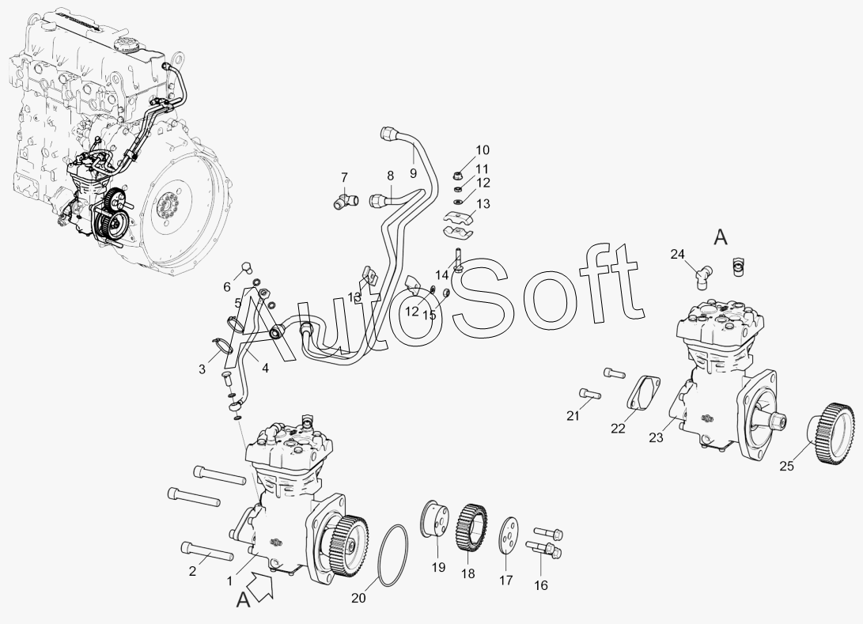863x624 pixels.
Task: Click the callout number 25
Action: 786,466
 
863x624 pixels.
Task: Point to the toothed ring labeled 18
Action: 471,527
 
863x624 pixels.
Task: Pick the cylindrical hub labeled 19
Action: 433,518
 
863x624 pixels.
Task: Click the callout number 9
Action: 413,173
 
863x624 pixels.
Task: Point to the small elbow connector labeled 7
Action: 345,200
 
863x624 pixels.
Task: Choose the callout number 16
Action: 541,585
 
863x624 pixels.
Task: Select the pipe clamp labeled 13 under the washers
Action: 459,224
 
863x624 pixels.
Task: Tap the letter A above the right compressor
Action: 721,238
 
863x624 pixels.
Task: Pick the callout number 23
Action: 656,438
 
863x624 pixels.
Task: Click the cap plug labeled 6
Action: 246,269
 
